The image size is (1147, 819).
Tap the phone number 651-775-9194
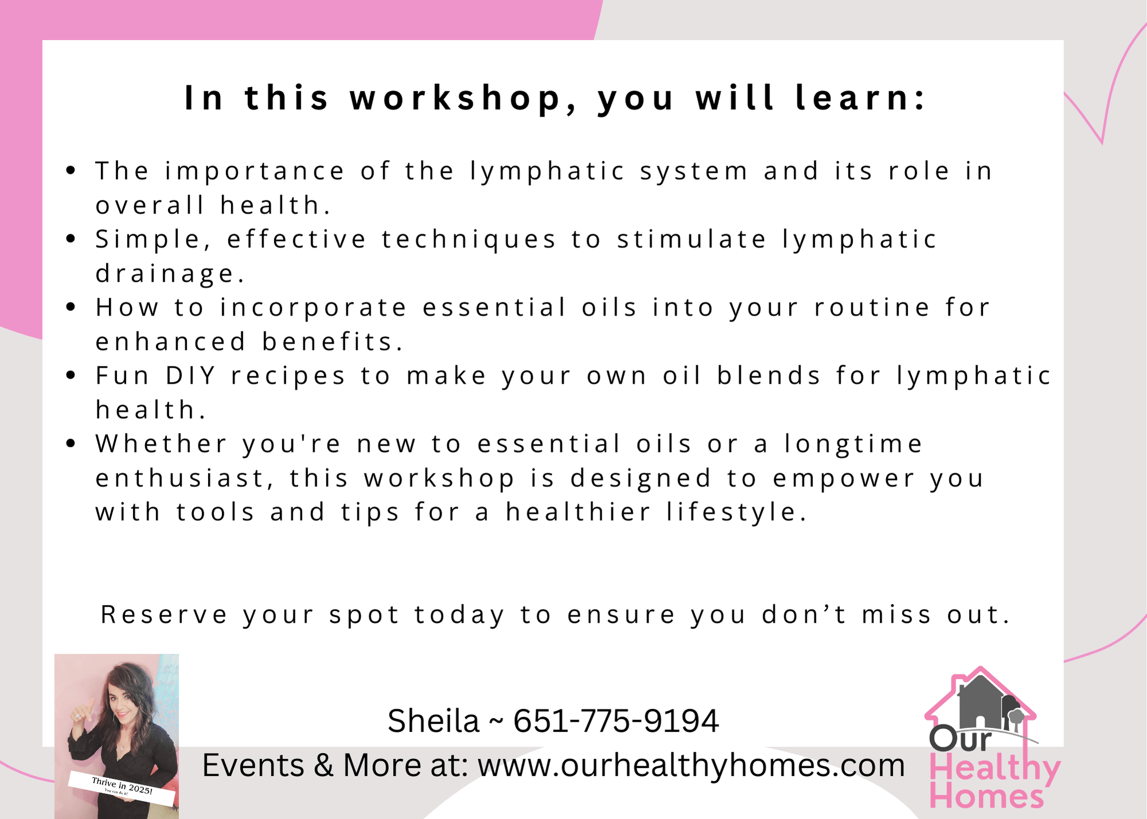pyautogui.click(x=615, y=721)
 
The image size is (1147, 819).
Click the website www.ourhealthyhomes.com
pyautogui.click(x=691, y=765)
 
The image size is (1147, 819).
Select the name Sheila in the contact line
pyautogui.click(x=433, y=721)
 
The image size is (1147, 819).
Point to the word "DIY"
pyautogui.click(x=190, y=376)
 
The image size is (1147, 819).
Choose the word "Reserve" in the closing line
pyautogui.click(x=164, y=615)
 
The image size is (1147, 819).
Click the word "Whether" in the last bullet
pyautogui.click(x=162, y=444)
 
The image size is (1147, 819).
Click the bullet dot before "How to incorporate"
pyautogui.click(x=71, y=307)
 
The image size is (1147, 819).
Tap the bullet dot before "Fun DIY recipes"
pyautogui.click(x=71, y=376)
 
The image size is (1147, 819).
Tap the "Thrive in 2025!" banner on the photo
pyautogui.click(x=122, y=789)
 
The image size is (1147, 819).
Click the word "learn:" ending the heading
pyautogui.click(x=860, y=97)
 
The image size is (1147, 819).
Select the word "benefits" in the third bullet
pyautogui.click(x=333, y=342)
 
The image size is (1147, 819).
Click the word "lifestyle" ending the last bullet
pyautogui.click(x=737, y=512)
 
